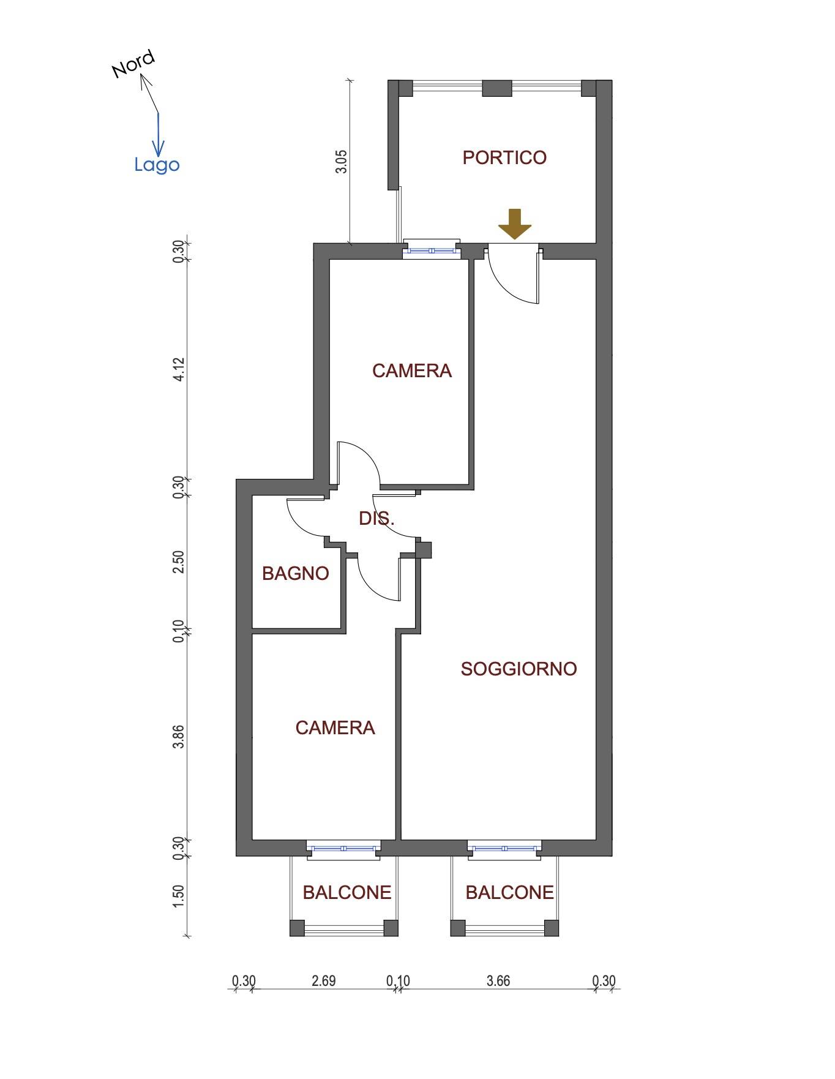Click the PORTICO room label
pos(504,158)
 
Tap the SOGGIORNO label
pos(519,669)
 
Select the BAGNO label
pos(296,574)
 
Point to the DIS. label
pos(376,519)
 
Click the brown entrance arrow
pos(515,224)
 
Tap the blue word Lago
pos(157,165)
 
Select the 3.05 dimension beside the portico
pos(341,162)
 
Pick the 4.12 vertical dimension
pos(179,370)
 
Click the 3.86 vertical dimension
pos(179,736)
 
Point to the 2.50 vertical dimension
pos(179,562)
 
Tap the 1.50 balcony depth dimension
pos(179,897)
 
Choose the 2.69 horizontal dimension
pos(323,980)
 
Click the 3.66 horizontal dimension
pos(498,980)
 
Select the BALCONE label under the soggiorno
pos(509,893)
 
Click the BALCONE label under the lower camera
pos(347,893)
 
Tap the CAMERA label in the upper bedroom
pos(412,371)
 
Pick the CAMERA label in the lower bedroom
pos(335,727)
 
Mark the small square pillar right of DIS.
pos(424,550)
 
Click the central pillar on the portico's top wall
pos(497,88)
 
